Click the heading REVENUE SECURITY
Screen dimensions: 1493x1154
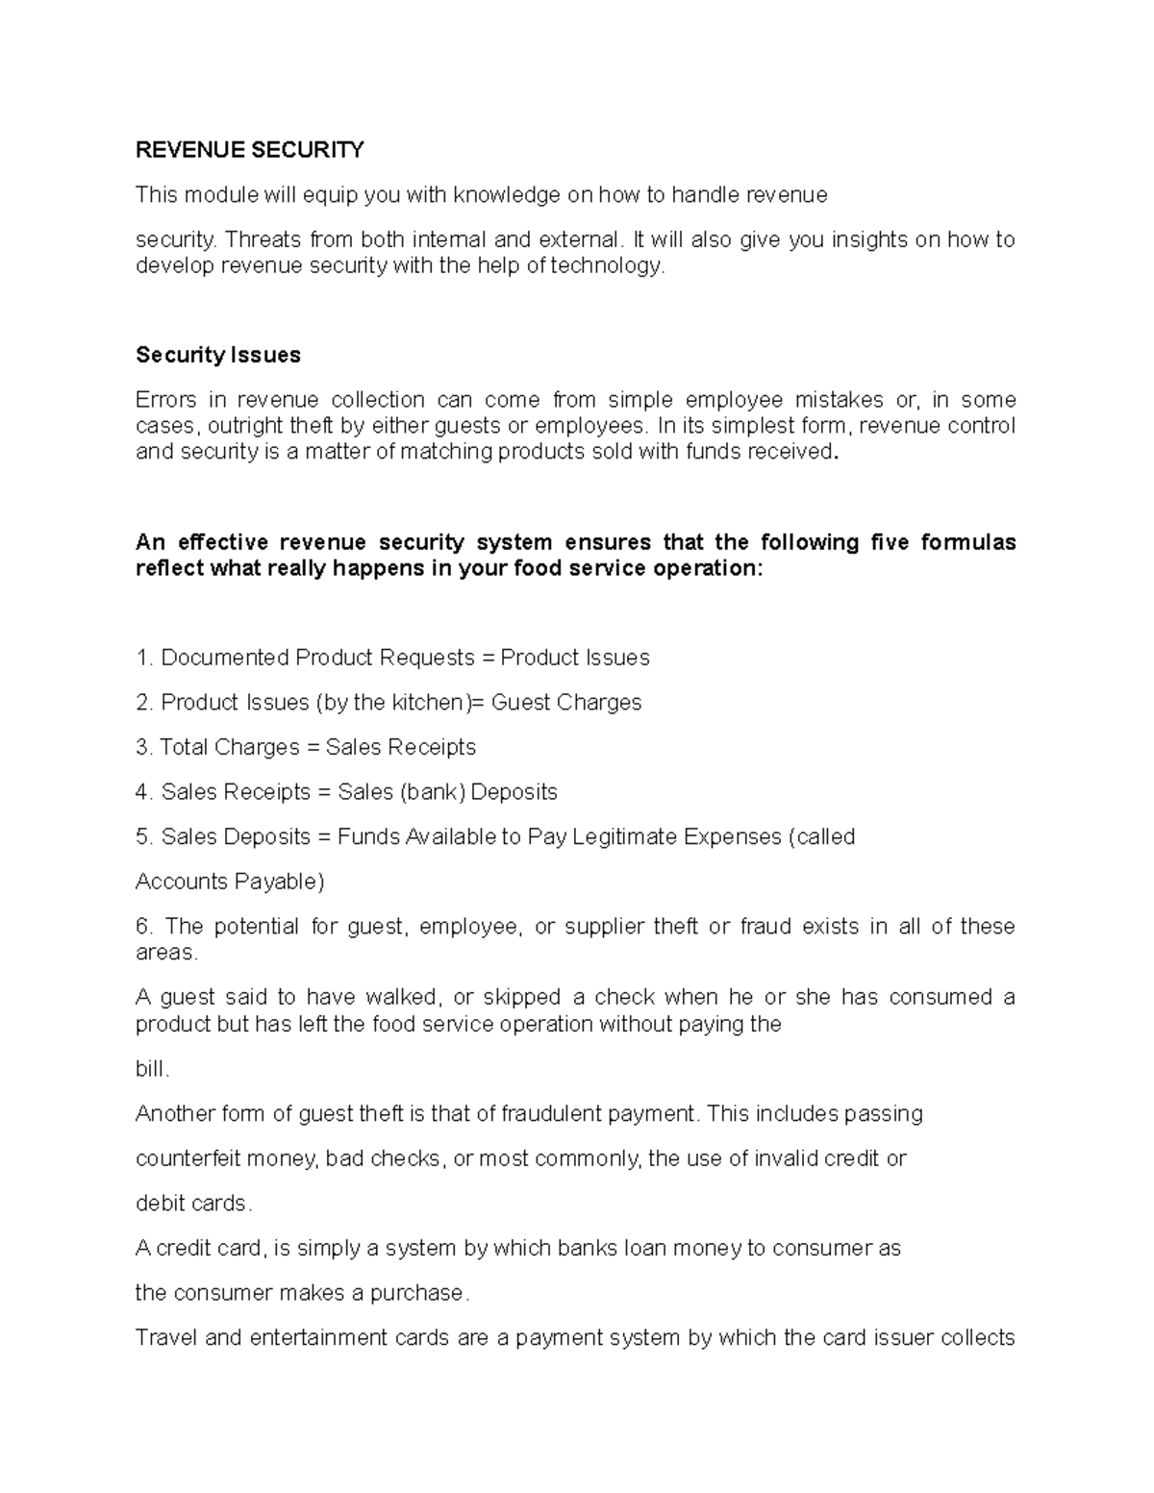click(250, 150)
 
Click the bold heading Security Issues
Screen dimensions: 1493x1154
click(218, 355)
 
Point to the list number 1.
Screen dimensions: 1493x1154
click(144, 658)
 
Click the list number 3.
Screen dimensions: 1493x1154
click(144, 747)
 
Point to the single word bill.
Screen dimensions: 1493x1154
click(151, 1069)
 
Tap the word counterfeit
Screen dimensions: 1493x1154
click(188, 1158)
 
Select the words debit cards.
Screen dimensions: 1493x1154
click(192, 1204)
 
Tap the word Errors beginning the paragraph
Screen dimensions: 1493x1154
click(166, 400)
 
